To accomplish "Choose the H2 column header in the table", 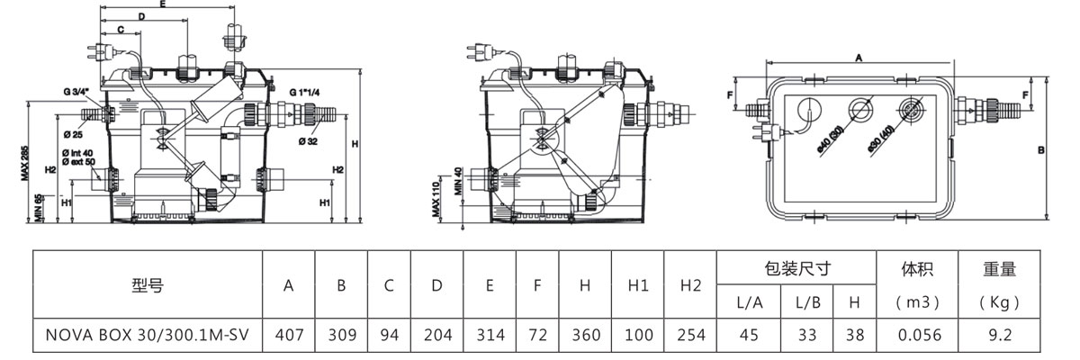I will point(690,285).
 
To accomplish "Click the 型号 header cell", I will point(148,285).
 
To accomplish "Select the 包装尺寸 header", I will point(796,268).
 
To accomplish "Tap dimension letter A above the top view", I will point(859,56).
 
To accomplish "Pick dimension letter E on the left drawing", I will point(162,4).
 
